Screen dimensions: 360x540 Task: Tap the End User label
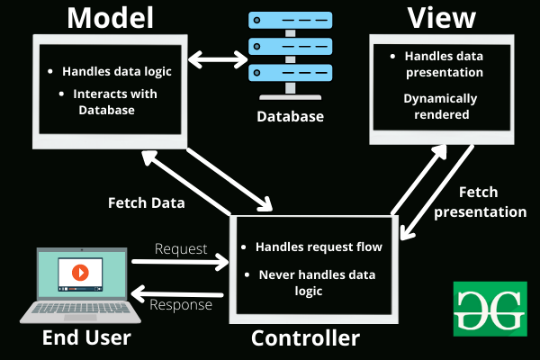click(86, 338)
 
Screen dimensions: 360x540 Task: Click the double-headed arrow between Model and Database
click(217, 61)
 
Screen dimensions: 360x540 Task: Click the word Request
click(181, 248)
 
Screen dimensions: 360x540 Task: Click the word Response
click(183, 305)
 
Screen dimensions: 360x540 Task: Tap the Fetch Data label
click(147, 202)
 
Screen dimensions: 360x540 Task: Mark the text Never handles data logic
click(315, 283)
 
